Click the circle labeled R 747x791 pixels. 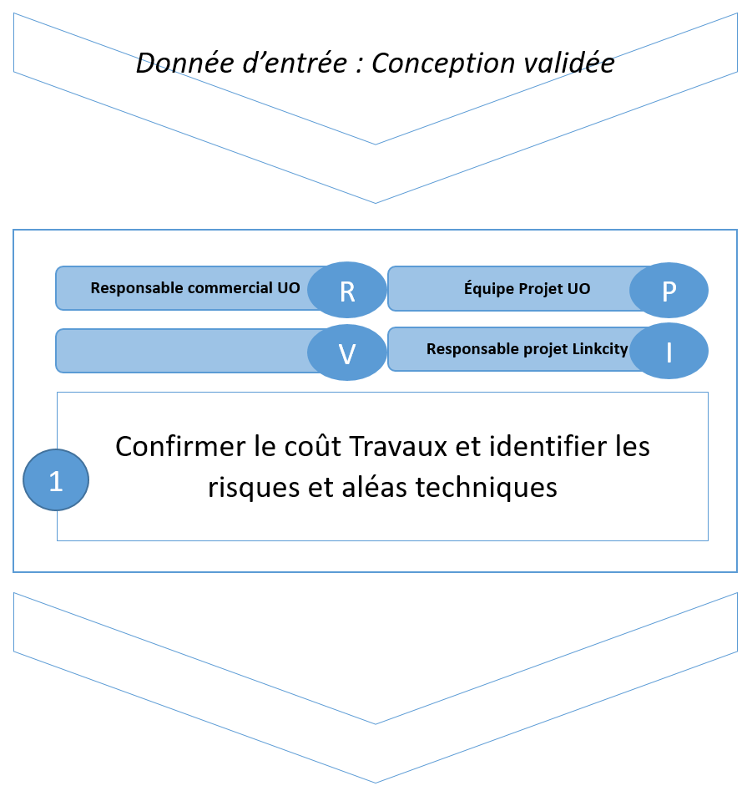tap(347, 292)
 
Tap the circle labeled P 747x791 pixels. tap(669, 292)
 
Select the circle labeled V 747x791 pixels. tap(347, 353)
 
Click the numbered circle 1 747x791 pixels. tap(56, 480)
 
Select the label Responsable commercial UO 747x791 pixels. tap(194, 288)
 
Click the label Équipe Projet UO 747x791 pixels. tap(527, 288)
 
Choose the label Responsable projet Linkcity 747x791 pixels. tap(527, 349)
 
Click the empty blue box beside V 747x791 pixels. tap(184, 351)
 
